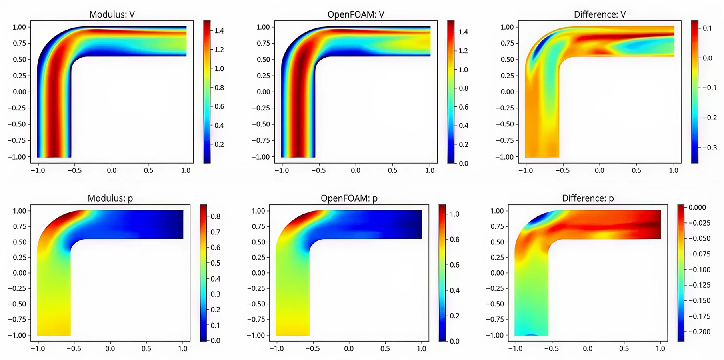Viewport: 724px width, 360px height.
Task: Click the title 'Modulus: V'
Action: click(112, 15)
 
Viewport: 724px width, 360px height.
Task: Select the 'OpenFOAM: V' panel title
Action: click(356, 15)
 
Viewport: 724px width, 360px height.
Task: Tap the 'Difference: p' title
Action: click(588, 198)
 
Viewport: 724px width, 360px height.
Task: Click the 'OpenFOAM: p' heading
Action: click(349, 198)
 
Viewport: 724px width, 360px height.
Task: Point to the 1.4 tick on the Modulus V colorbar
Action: click(219, 31)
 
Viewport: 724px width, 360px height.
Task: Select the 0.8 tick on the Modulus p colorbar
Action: click(216, 216)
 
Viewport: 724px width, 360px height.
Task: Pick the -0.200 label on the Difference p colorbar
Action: click(699, 332)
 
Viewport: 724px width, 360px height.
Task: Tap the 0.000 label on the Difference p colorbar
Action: click(697, 207)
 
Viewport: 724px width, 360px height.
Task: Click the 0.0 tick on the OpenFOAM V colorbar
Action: click(463, 163)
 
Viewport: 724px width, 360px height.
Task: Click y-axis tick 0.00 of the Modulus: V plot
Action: click(19, 92)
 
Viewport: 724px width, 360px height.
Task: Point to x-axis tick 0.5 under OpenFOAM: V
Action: click(392, 170)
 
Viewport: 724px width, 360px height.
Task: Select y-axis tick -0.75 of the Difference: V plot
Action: click(505, 140)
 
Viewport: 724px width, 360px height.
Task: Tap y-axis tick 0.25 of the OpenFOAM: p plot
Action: click(259, 257)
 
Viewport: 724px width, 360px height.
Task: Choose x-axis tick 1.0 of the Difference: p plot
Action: click(660, 349)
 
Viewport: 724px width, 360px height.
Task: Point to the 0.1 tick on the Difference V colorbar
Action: click(707, 28)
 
